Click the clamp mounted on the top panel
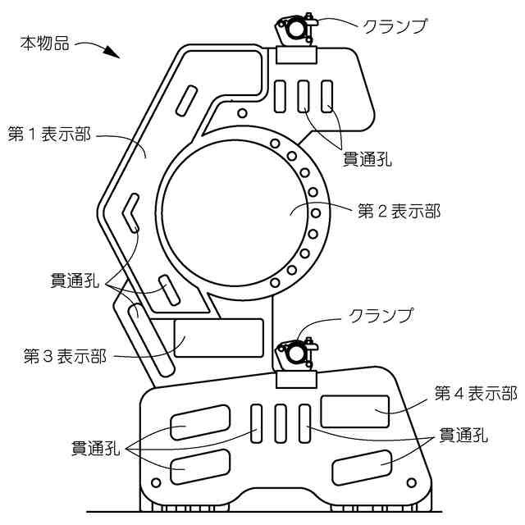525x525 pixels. coord(297,29)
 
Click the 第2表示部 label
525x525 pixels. coord(399,212)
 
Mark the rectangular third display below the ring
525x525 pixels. coord(219,338)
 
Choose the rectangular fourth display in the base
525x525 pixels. coord(354,410)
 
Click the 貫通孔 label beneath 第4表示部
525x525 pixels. coord(464,436)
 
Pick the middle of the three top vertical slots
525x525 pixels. coord(304,95)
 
